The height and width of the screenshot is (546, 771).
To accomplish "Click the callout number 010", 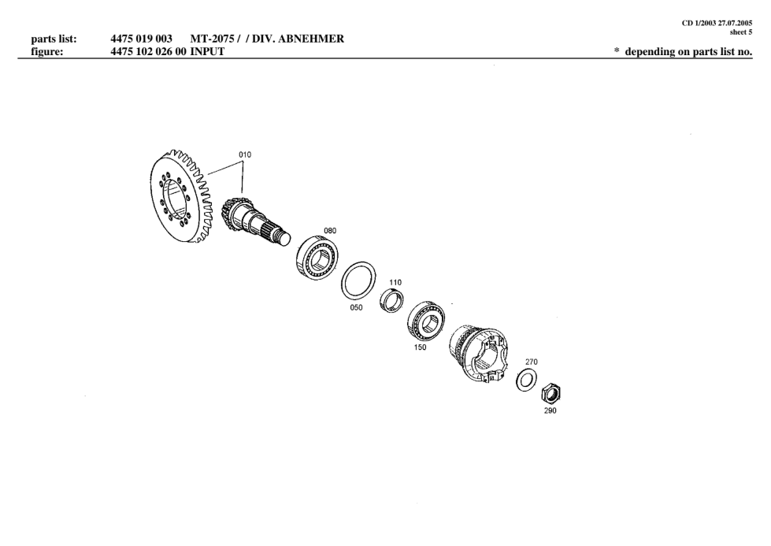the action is (x=245, y=154).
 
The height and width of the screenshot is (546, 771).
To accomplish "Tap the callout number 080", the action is (x=330, y=231).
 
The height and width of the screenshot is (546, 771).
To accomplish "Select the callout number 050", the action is (x=356, y=308).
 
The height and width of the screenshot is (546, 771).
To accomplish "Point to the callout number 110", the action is (x=395, y=282).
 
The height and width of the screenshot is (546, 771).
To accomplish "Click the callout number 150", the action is (x=420, y=347).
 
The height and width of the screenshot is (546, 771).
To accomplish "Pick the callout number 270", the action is (x=532, y=362).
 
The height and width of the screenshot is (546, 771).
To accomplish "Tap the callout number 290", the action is (x=550, y=410).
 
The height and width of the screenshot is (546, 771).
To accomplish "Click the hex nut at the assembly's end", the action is (x=551, y=392).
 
